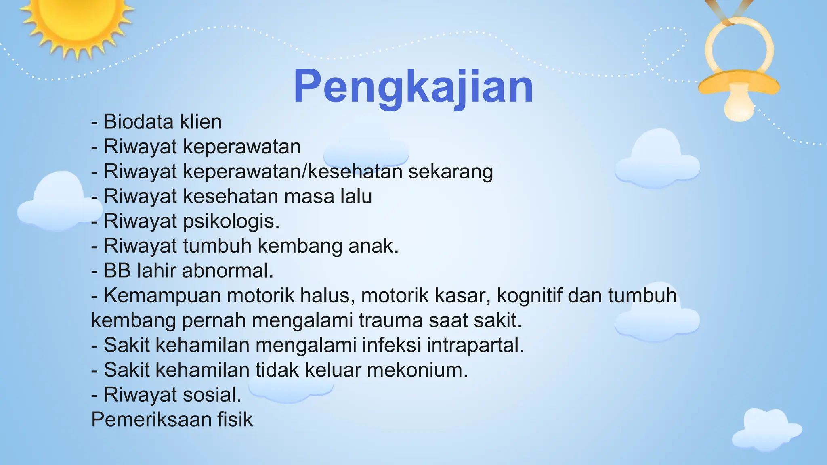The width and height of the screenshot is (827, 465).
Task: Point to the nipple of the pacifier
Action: pyautogui.click(x=739, y=106)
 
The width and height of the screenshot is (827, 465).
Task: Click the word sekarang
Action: pyautogui.click(x=450, y=172)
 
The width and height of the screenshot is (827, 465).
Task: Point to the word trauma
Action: pyautogui.click(x=390, y=320)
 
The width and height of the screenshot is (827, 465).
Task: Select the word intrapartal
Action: pyautogui.click(x=475, y=346)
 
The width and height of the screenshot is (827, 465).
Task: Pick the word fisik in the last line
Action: pyautogui.click(x=235, y=420)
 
